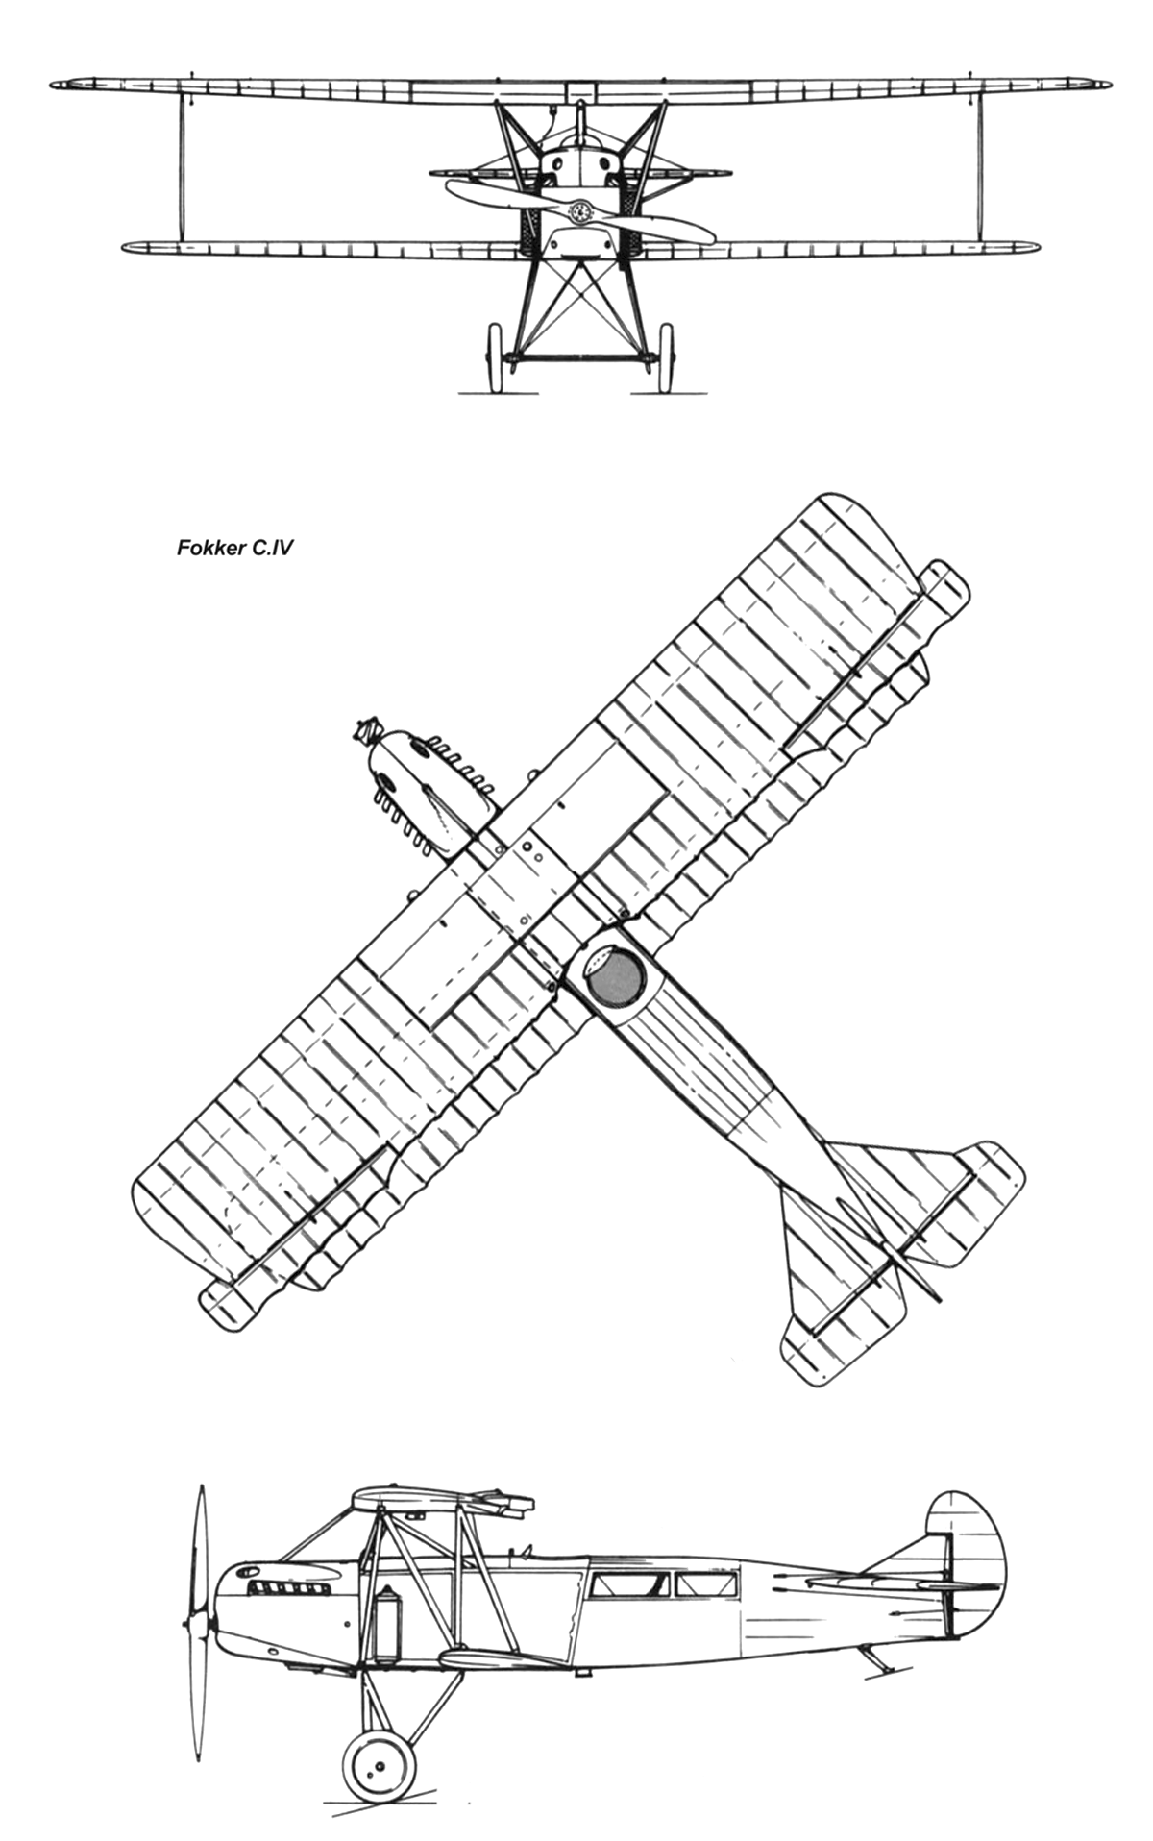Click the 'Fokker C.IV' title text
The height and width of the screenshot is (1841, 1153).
pos(235,549)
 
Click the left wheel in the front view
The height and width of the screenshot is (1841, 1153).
pos(496,357)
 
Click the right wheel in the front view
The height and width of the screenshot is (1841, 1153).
pos(665,357)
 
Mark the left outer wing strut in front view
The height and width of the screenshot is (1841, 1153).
pos(181,167)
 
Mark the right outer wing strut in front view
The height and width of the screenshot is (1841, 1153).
pos(979,167)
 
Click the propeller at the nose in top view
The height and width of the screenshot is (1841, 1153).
pos(367,734)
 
